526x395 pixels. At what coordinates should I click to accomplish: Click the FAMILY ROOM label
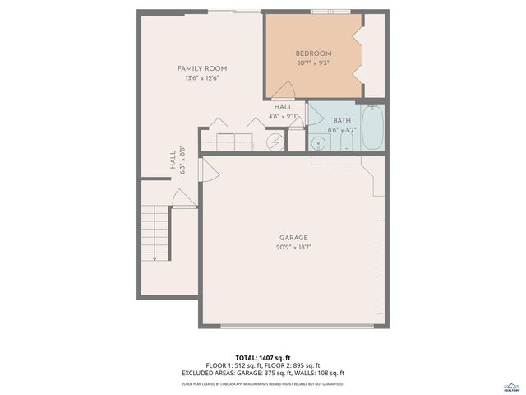202,68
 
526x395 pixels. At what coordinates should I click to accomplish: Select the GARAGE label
293,238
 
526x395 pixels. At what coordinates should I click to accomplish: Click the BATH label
341,120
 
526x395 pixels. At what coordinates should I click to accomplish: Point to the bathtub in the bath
372,128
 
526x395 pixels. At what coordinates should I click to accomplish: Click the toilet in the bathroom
346,143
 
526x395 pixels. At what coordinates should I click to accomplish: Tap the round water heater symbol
275,142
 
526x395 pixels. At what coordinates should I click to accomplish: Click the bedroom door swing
284,91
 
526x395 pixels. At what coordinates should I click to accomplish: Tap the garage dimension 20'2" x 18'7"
293,247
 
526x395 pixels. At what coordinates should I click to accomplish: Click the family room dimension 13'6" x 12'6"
202,78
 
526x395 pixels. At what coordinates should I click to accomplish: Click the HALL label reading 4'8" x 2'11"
284,111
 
